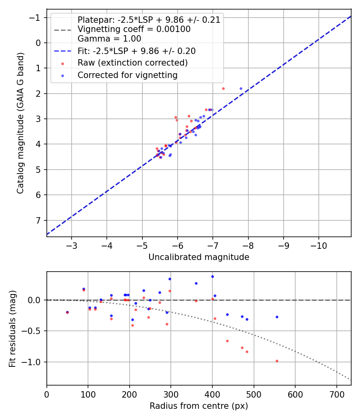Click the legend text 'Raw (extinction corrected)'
click(132, 63)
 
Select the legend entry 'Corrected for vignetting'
click(127, 75)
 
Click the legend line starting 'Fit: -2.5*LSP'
click(136, 51)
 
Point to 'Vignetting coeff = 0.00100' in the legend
click(134, 29)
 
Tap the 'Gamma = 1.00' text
click(109, 39)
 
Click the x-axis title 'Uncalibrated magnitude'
click(199, 257)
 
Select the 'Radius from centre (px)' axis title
click(199, 406)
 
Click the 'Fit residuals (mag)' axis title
click(12, 329)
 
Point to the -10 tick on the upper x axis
click(318, 244)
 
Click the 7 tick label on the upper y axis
click(38, 220)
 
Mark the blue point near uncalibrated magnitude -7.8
click(241, 88)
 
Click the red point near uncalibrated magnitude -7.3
click(223, 88)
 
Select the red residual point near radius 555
click(276, 361)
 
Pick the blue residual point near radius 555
click(276, 317)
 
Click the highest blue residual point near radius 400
click(212, 276)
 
